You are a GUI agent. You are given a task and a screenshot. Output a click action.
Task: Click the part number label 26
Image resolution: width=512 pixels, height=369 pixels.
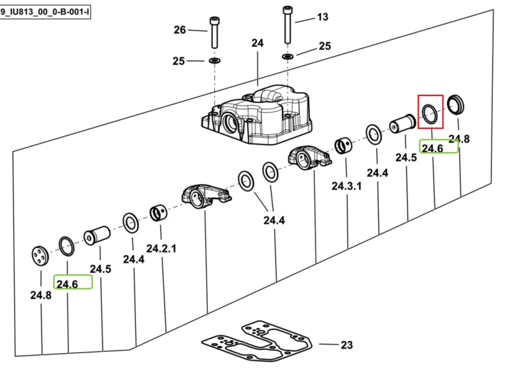[x=180, y=30]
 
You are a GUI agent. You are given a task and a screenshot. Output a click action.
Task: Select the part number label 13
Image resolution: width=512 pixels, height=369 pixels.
[x=322, y=17]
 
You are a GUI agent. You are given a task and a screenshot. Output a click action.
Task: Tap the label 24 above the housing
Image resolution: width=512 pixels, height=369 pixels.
[x=257, y=43]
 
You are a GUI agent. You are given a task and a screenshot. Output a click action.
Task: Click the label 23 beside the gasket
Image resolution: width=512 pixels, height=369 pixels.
[x=347, y=345]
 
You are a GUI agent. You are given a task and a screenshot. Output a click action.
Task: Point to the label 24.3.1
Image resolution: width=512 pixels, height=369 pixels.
[x=346, y=186]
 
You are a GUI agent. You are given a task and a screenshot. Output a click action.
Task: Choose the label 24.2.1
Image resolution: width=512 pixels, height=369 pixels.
[x=161, y=248]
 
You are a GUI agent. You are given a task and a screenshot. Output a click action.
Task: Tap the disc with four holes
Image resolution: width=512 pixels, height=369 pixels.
[x=40, y=256]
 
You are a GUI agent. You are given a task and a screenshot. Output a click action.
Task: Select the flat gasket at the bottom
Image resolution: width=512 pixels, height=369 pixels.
[x=257, y=339]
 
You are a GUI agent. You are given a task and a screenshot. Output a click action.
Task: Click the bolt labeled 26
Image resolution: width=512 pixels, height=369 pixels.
[x=214, y=33]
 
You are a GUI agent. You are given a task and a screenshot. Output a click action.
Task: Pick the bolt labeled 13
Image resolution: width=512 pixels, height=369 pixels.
[x=287, y=25]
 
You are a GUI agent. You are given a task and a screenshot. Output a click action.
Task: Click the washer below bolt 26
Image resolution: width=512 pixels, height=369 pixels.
[x=214, y=60]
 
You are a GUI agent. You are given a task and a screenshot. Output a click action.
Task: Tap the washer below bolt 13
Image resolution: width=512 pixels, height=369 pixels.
[x=287, y=57]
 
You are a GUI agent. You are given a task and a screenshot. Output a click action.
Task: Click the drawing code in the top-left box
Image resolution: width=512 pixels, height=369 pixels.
[x=45, y=12]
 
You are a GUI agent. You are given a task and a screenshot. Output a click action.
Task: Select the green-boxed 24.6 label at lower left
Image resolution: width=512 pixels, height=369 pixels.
[x=68, y=284]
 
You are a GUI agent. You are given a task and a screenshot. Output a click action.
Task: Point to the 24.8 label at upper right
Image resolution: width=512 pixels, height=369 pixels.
[x=459, y=138]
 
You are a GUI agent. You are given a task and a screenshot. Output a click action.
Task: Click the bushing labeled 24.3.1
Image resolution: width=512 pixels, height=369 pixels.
[x=343, y=146]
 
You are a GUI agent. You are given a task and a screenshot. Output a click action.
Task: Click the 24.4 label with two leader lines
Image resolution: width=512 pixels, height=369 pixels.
[x=274, y=220]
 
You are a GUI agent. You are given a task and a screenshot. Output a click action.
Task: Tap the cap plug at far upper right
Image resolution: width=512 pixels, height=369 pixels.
[x=455, y=105]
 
